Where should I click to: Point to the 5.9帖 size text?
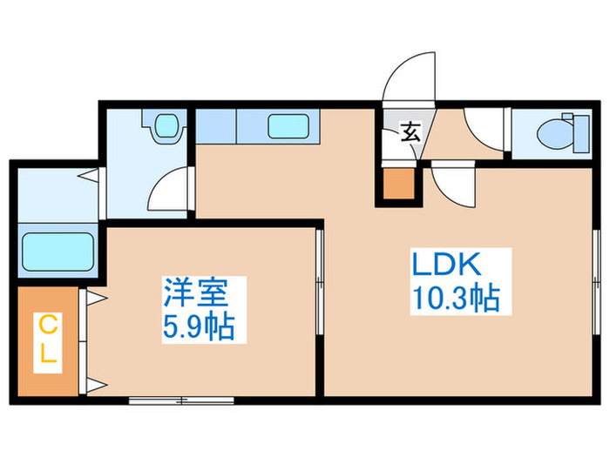(199, 327)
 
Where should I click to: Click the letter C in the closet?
(48, 326)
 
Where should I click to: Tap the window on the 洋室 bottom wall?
(181, 400)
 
